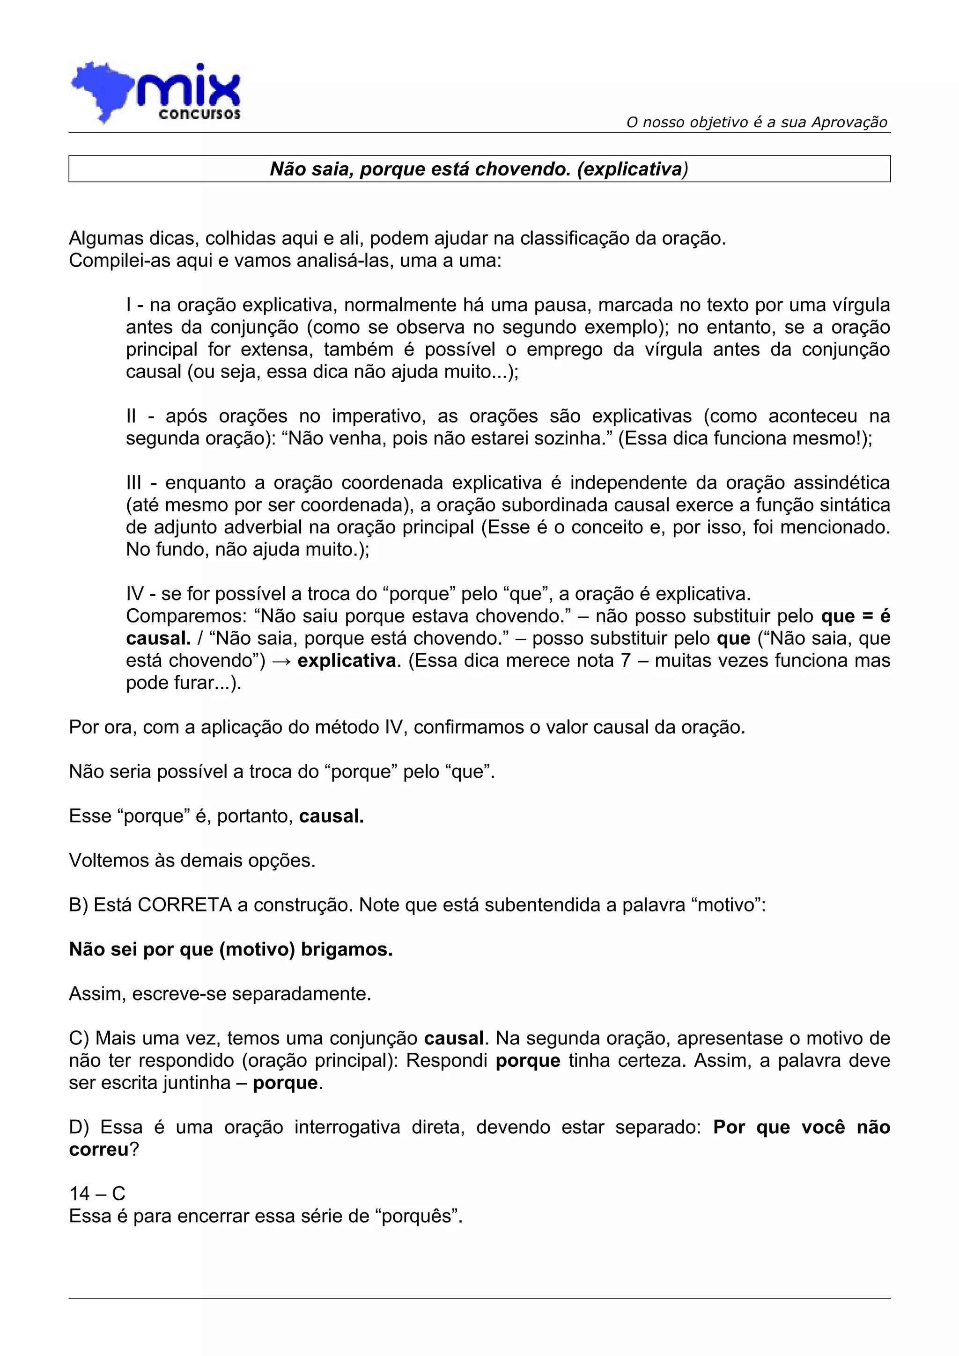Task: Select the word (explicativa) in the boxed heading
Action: (x=632, y=169)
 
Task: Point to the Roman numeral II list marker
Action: (x=131, y=416)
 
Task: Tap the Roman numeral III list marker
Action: (x=133, y=482)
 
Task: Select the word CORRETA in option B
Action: (x=184, y=905)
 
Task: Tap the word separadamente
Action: (x=302, y=994)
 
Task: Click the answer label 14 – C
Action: (x=97, y=1194)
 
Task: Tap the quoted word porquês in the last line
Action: (x=419, y=1216)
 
